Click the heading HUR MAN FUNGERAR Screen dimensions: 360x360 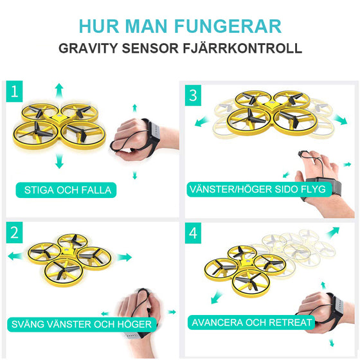pyautogui.click(x=179, y=26)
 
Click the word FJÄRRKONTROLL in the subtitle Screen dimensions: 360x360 pyautogui.click(x=249, y=49)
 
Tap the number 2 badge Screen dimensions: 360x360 pyautogui.click(x=15, y=232)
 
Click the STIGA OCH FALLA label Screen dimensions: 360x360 pyautogui.click(x=67, y=190)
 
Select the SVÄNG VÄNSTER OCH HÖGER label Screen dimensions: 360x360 pyautogui.click(x=80, y=324)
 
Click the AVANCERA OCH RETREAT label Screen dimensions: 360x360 pyautogui.click(x=251, y=322)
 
